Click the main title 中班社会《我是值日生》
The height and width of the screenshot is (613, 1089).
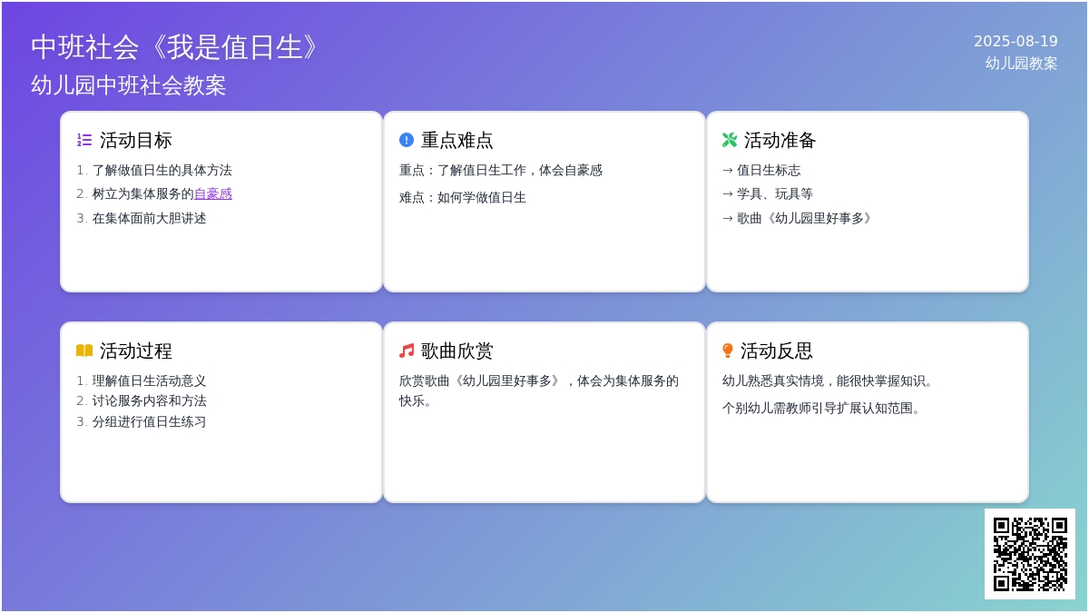click(x=175, y=47)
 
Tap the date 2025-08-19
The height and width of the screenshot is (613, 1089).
click(x=1015, y=42)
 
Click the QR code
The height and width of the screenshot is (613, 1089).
click(x=1030, y=554)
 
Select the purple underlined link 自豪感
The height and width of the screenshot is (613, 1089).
click(x=213, y=194)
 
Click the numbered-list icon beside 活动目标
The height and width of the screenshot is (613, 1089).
click(x=84, y=140)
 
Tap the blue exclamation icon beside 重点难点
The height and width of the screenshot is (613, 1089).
click(x=407, y=140)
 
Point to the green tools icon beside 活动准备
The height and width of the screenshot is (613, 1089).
click(x=730, y=140)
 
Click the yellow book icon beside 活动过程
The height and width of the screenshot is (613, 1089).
click(x=84, y=351)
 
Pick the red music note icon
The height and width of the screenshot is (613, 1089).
click(x=407, y=351)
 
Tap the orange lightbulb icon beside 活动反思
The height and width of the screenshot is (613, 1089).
click(x=728, y=351)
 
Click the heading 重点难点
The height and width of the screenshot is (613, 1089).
click(x=457, y=140)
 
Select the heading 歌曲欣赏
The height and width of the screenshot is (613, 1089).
click(x=457, y=351)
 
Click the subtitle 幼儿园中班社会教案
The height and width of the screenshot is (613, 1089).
click(x=128, y=85)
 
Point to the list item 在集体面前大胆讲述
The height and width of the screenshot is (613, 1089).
click(x=149, y=219)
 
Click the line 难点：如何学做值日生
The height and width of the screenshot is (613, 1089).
click(x=463, y=198)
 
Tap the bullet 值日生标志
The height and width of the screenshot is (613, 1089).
click(x=769, y=171)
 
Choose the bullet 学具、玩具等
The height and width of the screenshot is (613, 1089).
click(x=775, y=194)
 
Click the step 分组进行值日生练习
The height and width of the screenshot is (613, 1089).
click(x=149, y=421)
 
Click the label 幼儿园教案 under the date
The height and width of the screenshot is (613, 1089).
click(x=1022, y=64)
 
